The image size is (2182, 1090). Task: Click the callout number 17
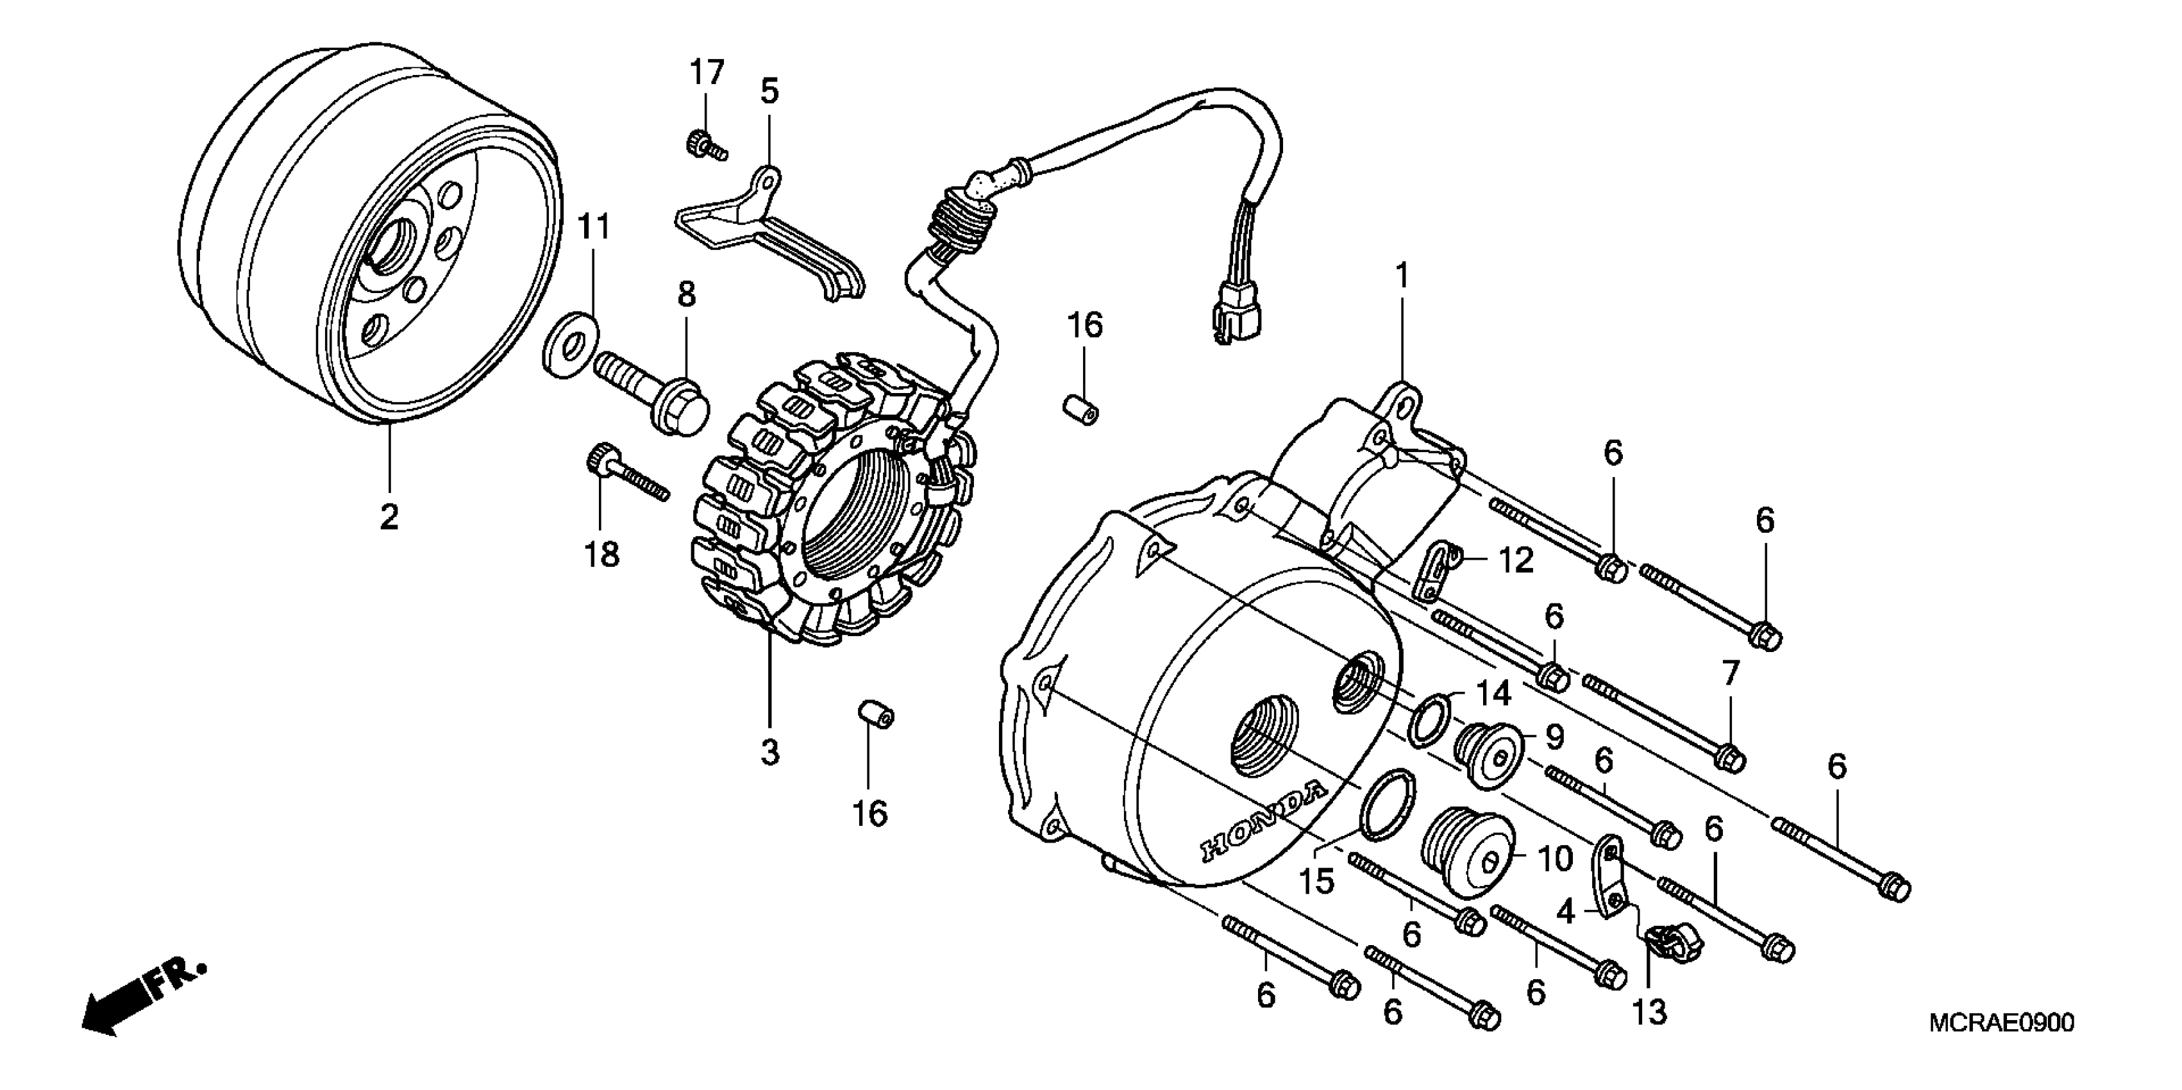tap(707, 73)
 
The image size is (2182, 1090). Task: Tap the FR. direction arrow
tap(140, 1000)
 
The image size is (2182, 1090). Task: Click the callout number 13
tap(1649, 1012)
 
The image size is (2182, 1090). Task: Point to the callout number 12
tap(1516, 560)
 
